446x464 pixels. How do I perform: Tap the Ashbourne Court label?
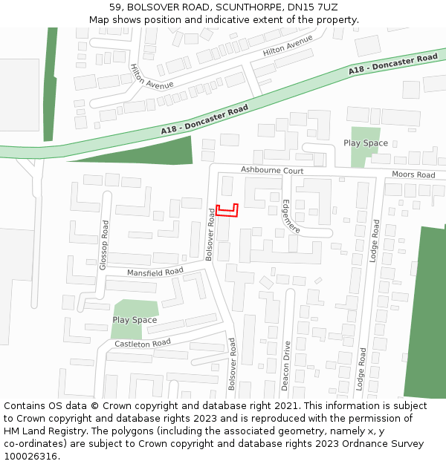click(272, 171)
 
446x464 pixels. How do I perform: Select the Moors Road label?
click(413, 175)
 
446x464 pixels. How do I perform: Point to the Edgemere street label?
click(291, 216)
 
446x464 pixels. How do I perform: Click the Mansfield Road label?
click(155, 272)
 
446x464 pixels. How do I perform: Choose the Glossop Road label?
click(104, 244)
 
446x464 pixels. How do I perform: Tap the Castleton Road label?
click(142, 344)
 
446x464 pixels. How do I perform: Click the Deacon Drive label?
click(285, 365)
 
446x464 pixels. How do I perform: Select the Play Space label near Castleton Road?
click(135, 320)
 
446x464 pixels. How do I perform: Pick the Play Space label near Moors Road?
click(366, 143)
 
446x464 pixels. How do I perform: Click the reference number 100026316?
click(30, 456)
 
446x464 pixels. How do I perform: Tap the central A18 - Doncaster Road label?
click(204, 120)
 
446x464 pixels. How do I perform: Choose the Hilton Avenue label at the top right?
click(288, 48)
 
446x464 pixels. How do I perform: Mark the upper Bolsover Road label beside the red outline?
click(210, 233)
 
